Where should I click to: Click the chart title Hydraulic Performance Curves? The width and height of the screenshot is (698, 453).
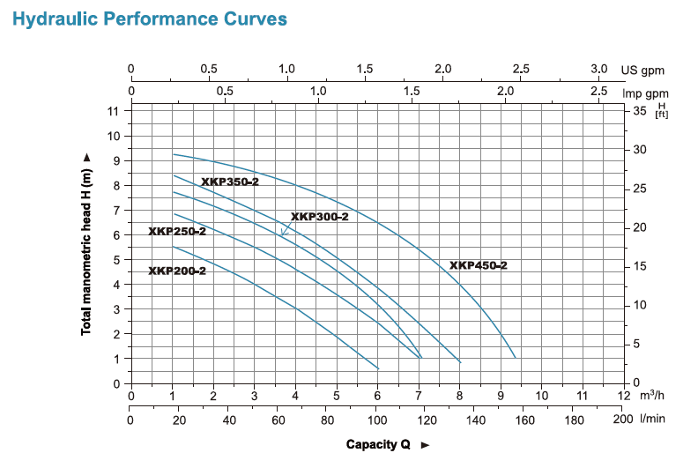tap(150, 19)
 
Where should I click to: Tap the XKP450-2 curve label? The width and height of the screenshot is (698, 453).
tap(479, 265)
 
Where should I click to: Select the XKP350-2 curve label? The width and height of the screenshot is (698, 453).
tap(230, 182)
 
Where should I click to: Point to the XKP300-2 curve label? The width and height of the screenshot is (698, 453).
tap(320, 217)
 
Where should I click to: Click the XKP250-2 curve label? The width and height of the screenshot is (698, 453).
tap(177, 231)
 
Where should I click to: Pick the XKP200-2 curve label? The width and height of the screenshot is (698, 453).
tap(177, 271)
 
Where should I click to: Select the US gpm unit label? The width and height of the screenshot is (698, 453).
tap(642, 70)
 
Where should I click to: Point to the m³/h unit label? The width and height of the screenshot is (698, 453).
tap(652, 396)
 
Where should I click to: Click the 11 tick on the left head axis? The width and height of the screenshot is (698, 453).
tap(114, 111)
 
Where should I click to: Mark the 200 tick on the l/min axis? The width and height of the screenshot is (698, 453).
tap(622, 420)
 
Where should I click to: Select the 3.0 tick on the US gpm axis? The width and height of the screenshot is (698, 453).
tap(599, 69)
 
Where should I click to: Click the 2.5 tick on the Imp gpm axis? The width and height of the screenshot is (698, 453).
tap(599, 90)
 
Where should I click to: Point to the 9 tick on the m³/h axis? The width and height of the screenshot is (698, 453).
tap(501, 396)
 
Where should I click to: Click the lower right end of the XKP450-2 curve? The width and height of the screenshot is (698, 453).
tap(515, 357)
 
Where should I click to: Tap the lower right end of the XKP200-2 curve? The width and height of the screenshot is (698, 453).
tap(378, 368)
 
